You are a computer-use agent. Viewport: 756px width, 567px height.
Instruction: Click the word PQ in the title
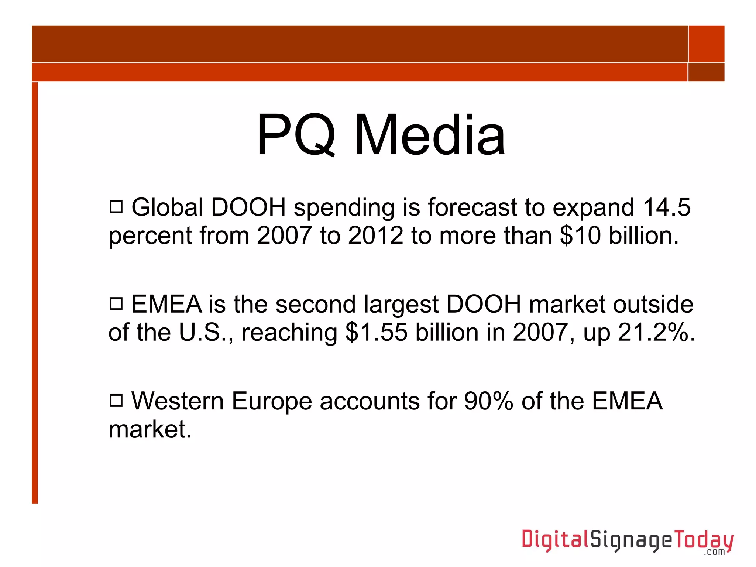[x=296, y=135]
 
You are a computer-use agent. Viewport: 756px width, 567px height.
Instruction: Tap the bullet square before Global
[x=116, y=207]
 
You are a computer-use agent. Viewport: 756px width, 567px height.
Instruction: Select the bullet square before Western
[x=116, y=400]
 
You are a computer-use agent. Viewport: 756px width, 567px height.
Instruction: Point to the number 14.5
[x=666, y=207]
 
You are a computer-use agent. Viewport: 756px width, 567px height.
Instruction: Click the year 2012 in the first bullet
[x=375, y=236]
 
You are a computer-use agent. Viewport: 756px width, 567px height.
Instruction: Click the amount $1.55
[x=376, y=332]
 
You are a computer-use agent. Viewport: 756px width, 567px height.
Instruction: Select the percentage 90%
[x=488, y=401]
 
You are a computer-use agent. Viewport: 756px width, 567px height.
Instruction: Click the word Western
[x=178, y=401]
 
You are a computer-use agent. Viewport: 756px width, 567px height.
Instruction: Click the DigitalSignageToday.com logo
[x=628, y=541]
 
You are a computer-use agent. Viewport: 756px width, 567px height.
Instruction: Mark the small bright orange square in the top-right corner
[x=706, y=44]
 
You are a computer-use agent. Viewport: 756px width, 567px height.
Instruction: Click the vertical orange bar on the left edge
[x=35, y=292]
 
